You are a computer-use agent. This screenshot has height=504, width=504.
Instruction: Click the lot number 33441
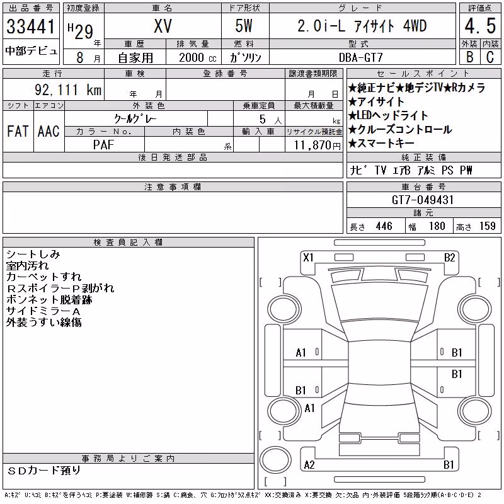point(31,26)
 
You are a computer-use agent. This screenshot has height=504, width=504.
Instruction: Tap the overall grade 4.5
point(480,26)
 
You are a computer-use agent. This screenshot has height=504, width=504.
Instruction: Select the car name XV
point(163,26)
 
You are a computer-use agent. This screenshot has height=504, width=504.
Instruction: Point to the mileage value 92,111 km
point(68,90)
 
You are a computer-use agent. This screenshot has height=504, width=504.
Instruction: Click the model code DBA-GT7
point(361,57)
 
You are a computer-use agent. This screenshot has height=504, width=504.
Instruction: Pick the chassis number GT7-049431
point(423,200)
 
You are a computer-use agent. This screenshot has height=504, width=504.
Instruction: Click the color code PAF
point(103,145)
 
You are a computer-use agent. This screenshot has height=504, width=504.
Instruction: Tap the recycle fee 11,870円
point(318,146)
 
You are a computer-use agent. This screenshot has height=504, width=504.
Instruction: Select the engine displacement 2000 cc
point(198,57)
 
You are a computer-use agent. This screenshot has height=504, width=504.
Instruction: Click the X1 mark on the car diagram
point(308,258)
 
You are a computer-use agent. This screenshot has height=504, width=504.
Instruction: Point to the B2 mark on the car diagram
point(450,258)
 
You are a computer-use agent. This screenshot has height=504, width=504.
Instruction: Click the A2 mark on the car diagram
point(309,465)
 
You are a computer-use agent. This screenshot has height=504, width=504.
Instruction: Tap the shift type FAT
point(18,131)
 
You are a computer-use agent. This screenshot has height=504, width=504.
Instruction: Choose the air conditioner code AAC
point(49,131)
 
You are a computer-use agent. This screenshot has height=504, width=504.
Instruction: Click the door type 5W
point(244,26)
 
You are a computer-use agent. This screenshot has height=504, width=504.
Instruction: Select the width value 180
point(437,226)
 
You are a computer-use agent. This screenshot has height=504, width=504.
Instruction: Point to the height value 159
point(488,226)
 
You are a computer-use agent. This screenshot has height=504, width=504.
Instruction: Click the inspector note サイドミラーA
point(43,311)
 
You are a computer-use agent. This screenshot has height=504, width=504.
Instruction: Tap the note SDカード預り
point(43,471)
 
